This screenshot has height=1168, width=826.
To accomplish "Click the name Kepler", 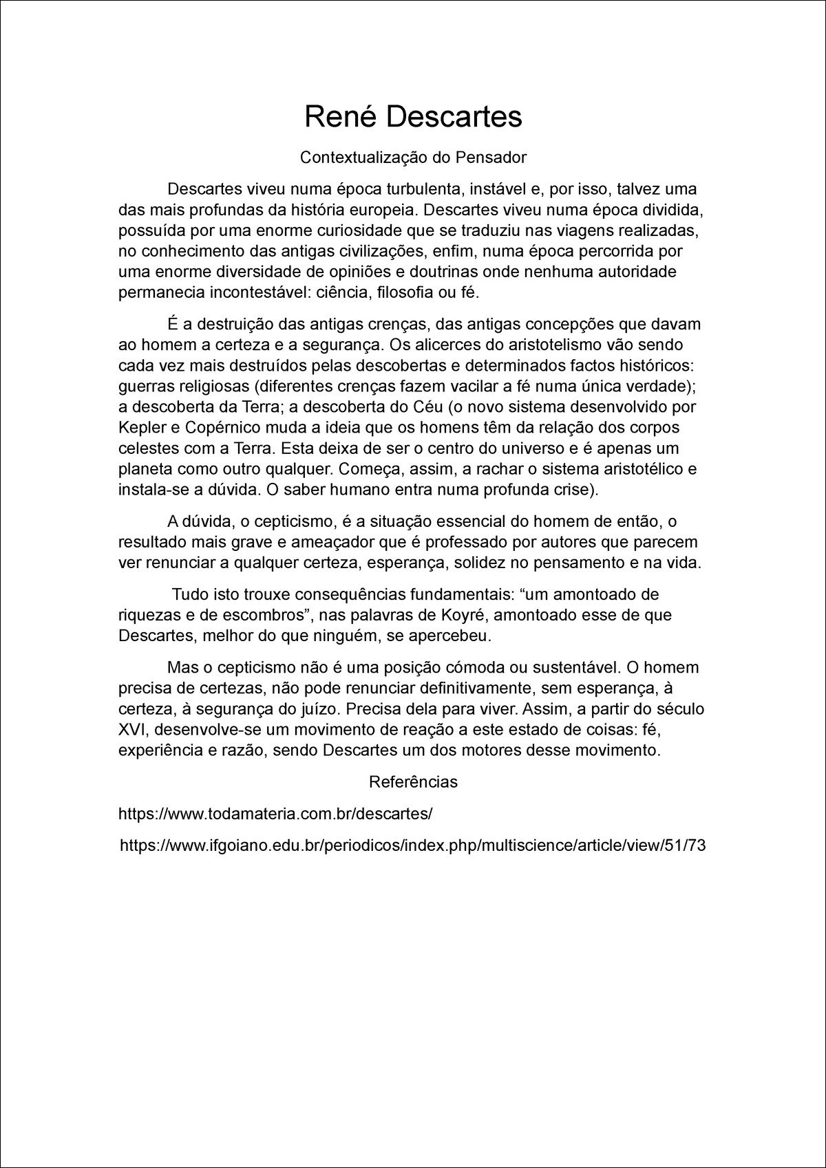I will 140,428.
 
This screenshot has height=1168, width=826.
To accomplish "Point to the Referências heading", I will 413,782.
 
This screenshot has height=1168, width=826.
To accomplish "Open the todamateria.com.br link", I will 275,814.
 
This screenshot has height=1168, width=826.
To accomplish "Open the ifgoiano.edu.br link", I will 413,846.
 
